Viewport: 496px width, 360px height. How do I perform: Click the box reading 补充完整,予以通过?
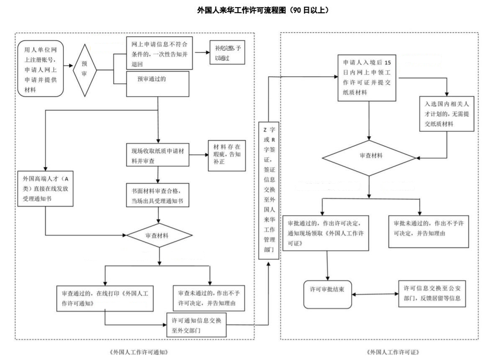[x=226, y=54]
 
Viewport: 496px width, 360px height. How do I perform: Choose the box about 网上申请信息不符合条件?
[x=159, y=52]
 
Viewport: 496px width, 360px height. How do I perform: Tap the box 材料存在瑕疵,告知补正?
[x=227, y=154]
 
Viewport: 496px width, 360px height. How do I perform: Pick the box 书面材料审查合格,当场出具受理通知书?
[x=158, y=195]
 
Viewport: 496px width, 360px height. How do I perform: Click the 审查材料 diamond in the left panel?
[x=159, y=235]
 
